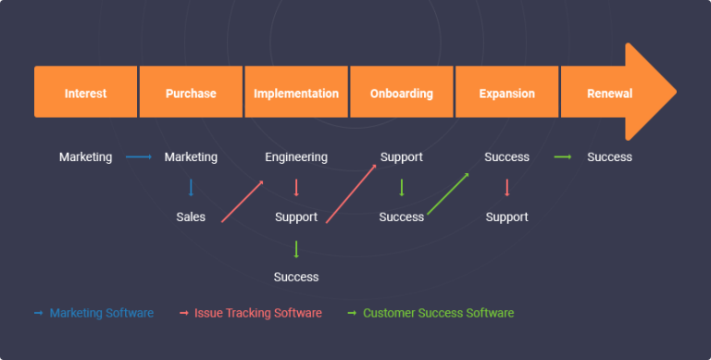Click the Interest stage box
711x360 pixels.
(85, 93)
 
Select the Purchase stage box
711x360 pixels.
(191, 93)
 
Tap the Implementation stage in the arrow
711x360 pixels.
(296, 93)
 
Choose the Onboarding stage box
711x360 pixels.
(401, 93)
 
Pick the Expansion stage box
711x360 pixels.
(506, 93)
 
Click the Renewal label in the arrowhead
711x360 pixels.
(609, 93)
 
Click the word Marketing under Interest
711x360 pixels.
(85, 157)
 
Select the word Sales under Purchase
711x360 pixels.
(191, 217)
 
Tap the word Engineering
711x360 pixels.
(296, 157)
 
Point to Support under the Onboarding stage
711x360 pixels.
(401, 157)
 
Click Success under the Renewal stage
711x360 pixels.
(609, 157)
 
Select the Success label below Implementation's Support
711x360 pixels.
(296, 277)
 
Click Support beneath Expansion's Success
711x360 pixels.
(507, 217)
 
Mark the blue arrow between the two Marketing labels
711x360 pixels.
(139, 157)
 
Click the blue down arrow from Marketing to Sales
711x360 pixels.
(191, 188)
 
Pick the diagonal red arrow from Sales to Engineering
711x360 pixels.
(243, 202)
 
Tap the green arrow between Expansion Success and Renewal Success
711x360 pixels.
(562, 157)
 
